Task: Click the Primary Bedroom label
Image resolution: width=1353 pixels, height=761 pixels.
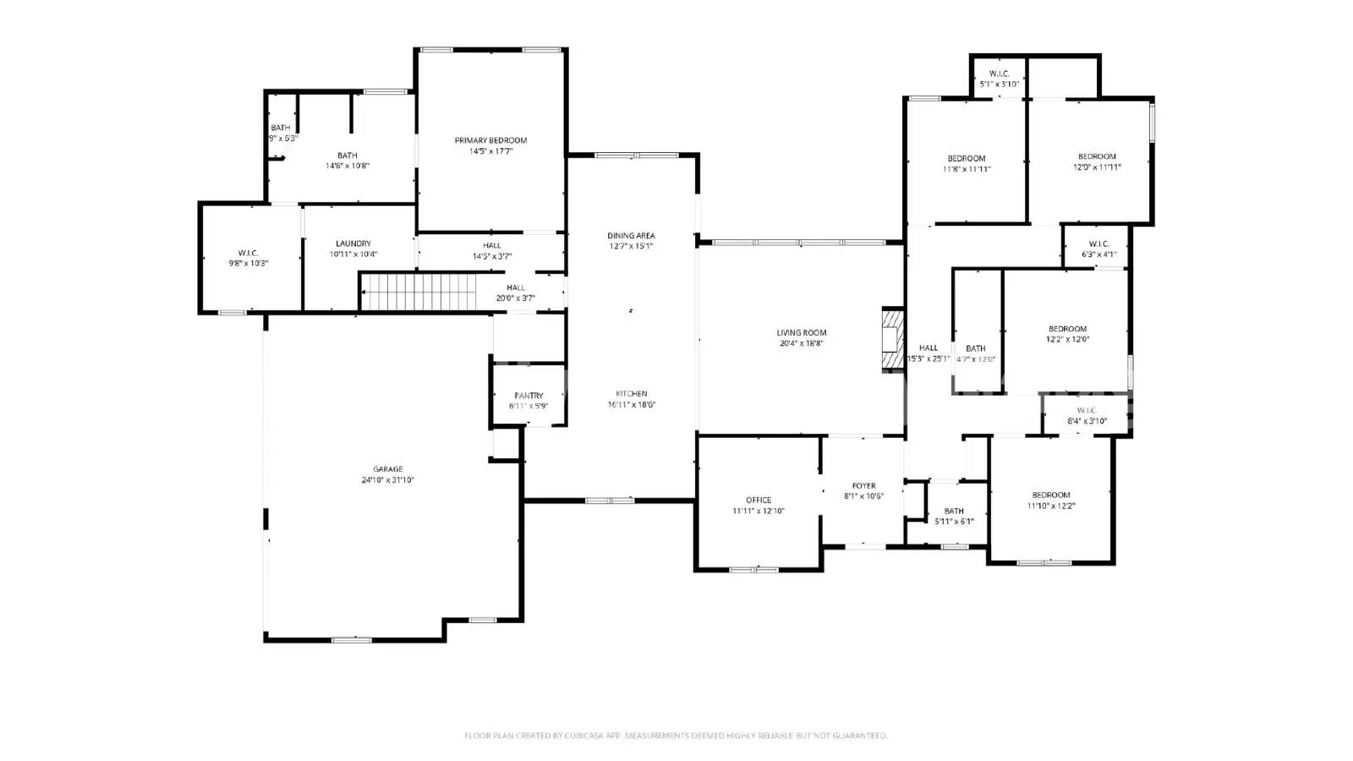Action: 490,140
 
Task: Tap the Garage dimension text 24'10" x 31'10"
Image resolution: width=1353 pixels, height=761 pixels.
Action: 388,480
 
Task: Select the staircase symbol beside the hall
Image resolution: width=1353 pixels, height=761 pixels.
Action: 418,292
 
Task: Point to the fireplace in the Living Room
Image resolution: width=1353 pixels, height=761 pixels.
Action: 892,340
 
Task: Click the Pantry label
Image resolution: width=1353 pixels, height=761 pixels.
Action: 529,396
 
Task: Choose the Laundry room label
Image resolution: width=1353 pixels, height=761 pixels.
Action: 353,244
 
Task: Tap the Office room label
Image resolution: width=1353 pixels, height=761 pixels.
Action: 759,500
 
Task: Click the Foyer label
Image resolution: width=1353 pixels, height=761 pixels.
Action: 863,486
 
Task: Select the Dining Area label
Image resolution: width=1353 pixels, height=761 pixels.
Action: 631,236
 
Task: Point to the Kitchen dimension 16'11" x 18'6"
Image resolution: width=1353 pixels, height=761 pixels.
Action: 631,405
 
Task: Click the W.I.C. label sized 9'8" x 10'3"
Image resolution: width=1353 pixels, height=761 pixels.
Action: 248,253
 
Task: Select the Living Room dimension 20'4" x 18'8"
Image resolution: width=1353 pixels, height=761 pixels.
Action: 801,344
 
